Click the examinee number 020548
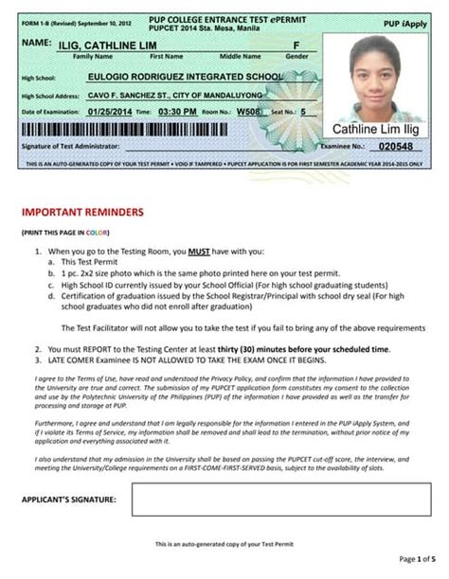tap(395, 147)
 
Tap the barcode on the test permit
tap(161, 128)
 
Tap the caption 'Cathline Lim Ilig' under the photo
tap(375, 129)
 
